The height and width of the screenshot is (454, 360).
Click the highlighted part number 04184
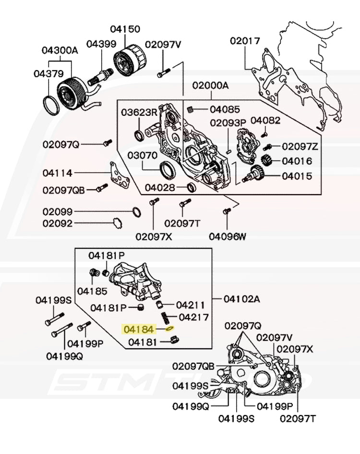139,330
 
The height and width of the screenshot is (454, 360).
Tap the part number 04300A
59,50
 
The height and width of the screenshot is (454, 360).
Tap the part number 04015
297,176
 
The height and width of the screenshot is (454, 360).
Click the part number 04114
57,173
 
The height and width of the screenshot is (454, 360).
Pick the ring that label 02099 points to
136,212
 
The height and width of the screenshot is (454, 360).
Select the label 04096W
227,236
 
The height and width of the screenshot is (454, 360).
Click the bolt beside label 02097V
163,74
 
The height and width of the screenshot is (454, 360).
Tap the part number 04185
92,291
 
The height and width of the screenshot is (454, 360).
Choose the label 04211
190,305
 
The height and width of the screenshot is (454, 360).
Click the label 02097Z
300,146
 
